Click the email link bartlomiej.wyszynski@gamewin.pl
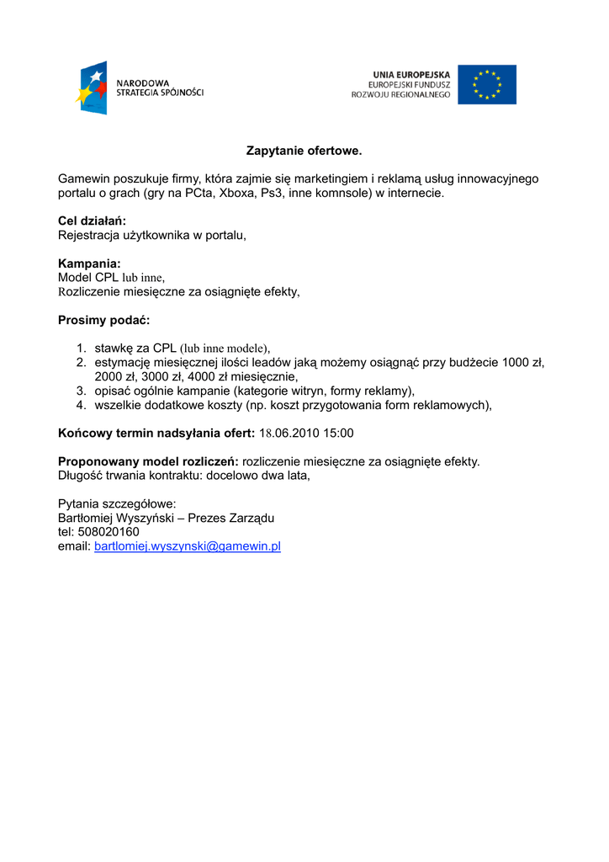click(187, 546)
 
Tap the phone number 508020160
click(109, 532)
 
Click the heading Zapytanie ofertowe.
click(304, 151)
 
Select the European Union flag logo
click(487, 84)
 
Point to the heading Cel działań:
click(92, 221)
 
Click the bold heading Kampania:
click(89, 263)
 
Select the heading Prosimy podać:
click(103, 320)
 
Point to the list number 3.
click(82, 391)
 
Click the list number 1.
click(82, 348)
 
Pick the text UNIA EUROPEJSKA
click(411, 75)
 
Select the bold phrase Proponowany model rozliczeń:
click(148, 461)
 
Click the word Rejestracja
click(89, 236)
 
